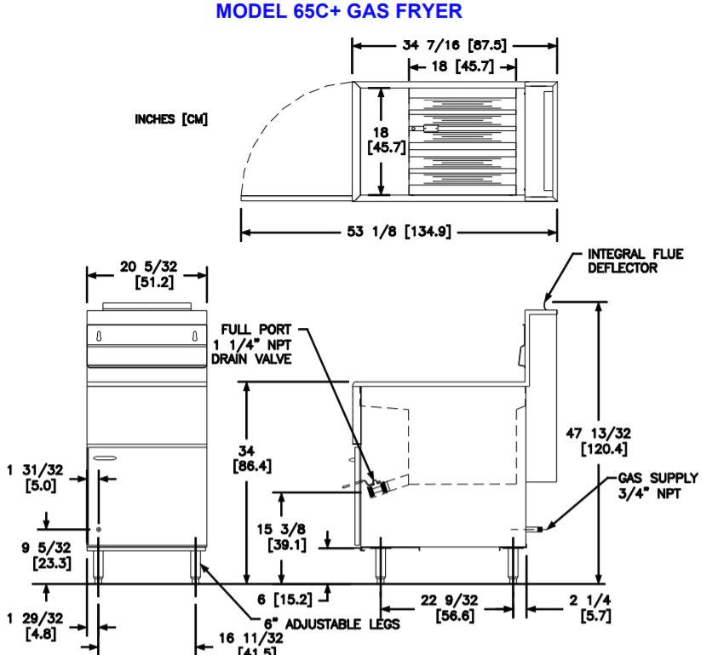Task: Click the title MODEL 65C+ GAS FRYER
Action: click(x=339, y=12)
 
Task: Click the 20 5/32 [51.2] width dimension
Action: click(x=146, y=274)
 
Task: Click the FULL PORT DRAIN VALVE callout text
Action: click(x=256, y=344)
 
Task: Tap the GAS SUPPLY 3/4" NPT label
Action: click(x=657, y=485)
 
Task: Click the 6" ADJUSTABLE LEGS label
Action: click(x=329, y=623)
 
